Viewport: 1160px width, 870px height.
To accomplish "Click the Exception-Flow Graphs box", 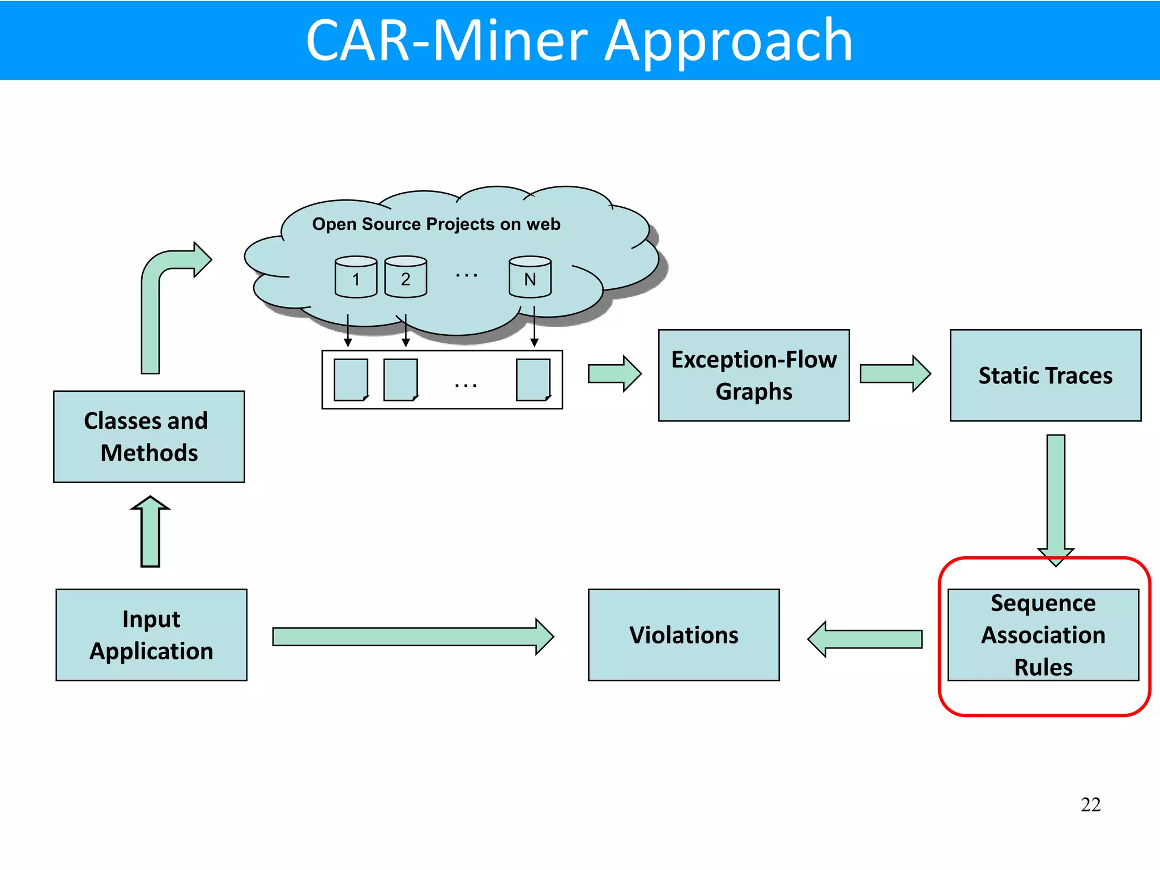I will click(x=753, y=376).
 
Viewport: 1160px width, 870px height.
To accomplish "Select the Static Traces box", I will click(x=1045, y=376).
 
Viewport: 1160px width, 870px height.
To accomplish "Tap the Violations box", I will click(x=684, y=635).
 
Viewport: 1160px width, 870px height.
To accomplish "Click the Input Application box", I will click(x=151, y=635).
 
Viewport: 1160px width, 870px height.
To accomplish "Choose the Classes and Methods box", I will click(x=149, y=437).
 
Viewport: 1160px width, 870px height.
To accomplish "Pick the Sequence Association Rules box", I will click(x=1043, y=635).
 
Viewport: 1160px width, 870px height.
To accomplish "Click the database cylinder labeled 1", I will click(x=356, y=277).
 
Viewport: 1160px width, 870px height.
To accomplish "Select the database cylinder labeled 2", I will click(x=406, y=277).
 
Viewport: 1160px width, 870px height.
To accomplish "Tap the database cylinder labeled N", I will click(x=530, y=277).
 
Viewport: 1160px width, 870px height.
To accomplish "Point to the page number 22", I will click(x=1090, y=804).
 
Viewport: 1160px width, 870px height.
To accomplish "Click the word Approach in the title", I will click(x=728, y=41).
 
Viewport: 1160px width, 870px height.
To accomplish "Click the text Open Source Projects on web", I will click(x=436, y=224).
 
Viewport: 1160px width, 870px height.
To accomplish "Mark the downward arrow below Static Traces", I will click(x=1056, y=498).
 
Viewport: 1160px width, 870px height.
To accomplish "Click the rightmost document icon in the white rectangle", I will click(x=533, y=379).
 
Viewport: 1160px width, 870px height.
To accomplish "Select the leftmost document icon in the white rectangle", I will click(x=351, y=379).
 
